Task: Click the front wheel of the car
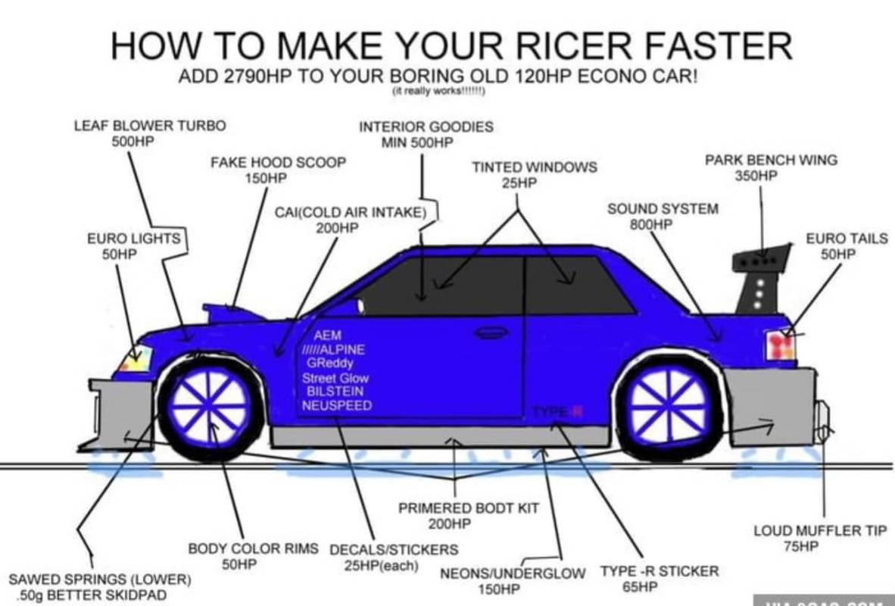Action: click(x=209, y=405)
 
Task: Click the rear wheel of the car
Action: click(x=668, y=405)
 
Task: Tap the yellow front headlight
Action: click(x=135, y=358)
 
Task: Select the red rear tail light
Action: click(x=780, y=345)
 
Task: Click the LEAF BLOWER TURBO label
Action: click(x=149, y=126)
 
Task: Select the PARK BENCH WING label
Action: click(x=771, y=160)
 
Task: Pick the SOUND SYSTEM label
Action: click(x=663, y=208)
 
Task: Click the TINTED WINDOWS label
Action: click(x=535, y=167)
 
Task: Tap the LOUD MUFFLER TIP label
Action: click(x=819, y=531)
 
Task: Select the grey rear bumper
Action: click(x=768, y=405)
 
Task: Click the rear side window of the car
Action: click(x=575, y=286)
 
